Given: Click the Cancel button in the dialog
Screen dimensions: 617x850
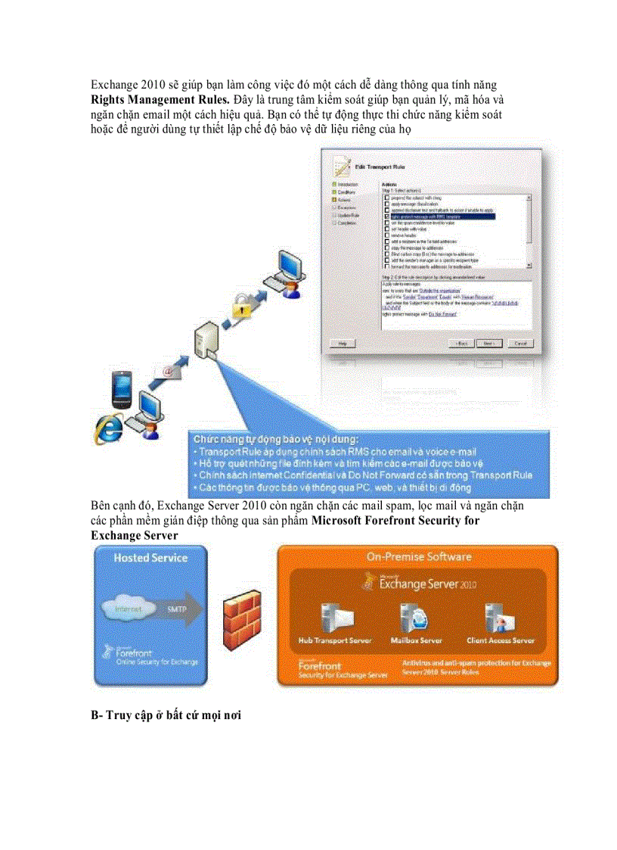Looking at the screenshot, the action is click(519, 343).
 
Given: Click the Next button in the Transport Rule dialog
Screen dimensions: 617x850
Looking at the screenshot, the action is click(490, 343).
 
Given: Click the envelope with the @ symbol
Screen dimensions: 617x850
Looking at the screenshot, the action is click(169, 369).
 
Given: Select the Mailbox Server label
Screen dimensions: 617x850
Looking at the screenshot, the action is click(416, 640).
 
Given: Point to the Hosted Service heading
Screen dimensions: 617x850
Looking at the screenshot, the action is click(150, 558).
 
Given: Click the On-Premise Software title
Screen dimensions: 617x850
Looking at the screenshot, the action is click(418, 556).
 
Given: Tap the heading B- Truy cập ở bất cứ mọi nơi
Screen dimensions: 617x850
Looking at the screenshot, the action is click(166, 715).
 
